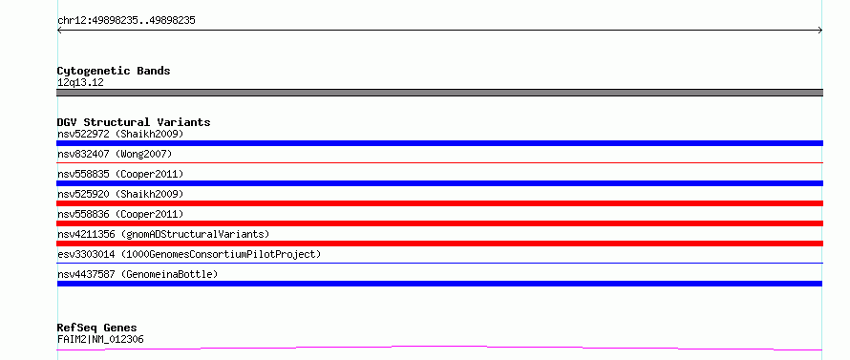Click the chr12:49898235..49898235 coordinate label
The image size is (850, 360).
pyautogui.click(x=126, y=21)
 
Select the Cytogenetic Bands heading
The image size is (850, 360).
pyautogui.click(x=114, y=71)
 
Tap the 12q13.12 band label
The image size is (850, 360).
pyautogui.click(x=80, y=83)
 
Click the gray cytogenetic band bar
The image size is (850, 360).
pyautogui.click(x=439, y=93)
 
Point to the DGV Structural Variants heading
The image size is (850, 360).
pyautogui.click(x=134, y=122)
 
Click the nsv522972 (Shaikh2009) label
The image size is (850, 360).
pyautogui.click(x=120, y=134)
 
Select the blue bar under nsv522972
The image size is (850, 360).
pyautogui.click(x=439, y=143)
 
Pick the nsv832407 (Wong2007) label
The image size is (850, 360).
pyautogui.click(x=115, y=154)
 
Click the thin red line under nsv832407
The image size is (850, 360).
pyautogui.click(x=439, y=162)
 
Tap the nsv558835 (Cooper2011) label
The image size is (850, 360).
pyautogui.click(x=120, y=174)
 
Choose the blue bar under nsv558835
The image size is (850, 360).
pyautogui.click(x=439, y=183)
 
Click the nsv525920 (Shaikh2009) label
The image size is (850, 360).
pyautogui.click(x=120, y=194)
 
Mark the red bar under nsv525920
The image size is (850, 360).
pyautogui.click(x=439, y=203)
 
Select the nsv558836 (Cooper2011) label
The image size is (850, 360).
pyautogui.click(x=120, y=214)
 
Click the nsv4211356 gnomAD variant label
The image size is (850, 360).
pyautogui.click(x=163, y=234)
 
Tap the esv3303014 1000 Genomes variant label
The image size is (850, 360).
pyautogui.click(x=189, y=254)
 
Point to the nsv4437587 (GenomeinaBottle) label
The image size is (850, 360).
pyautogui.click(x=138, y=274)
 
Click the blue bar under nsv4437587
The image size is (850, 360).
pyautogui.click(x=439, y=284)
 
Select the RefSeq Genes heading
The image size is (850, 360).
pyautogui.click(x=96, y=328)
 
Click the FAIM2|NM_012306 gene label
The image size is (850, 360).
pyautogui.click(x=100, y=339)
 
